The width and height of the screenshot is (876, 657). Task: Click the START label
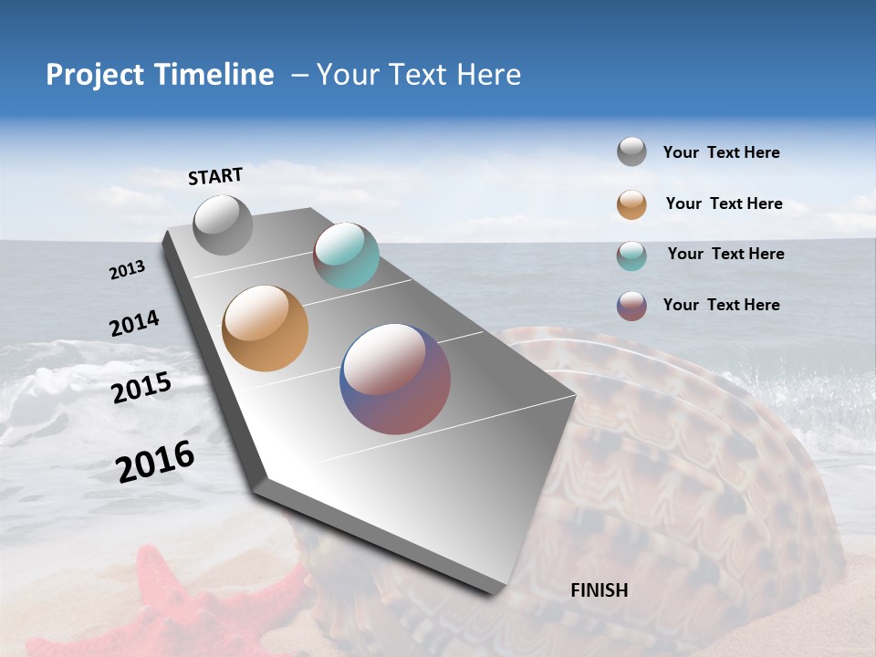tap(215, 176)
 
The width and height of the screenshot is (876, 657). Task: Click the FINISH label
tap(599, 590)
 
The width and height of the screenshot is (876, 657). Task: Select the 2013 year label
tap(127, 270)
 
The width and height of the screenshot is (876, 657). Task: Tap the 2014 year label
tap(134, 323)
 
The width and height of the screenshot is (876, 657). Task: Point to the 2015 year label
tap(141, 388)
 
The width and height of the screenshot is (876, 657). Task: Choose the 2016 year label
tap(155, 462)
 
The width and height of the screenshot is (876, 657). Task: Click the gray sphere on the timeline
tap(223, 224)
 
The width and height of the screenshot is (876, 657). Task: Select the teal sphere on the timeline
tap(346, 255)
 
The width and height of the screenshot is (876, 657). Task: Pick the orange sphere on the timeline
tap(265, 328)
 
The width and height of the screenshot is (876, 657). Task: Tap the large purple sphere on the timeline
tap(395, 379)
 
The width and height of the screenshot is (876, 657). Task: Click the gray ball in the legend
tap(631, 151)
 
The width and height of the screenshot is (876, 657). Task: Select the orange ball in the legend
tap(631, 204)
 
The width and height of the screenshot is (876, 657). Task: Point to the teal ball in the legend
tap(631, 255)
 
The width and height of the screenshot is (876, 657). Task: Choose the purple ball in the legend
tap(631, 306)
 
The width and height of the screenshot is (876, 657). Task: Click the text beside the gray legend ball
tap(721, 152)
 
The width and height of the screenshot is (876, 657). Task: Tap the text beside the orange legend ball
tap(724, 203)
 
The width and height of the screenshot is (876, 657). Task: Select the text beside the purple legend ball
tap(721, 305)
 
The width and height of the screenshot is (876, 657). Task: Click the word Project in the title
tap(94, 75)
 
